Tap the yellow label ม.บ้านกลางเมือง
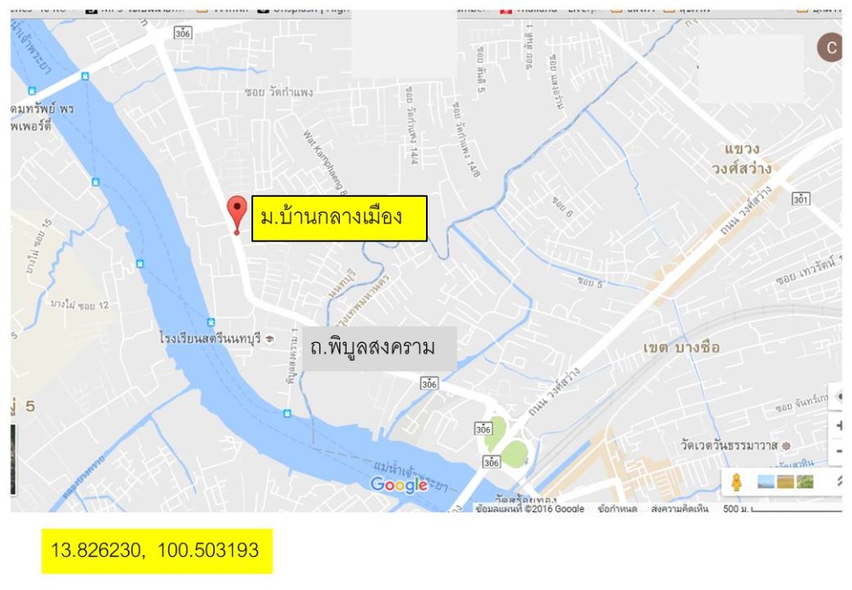click(x=338, y=217)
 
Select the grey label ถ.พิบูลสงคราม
click(x=373, y=348)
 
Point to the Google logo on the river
click(x=398, y=485)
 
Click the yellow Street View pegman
click(x=736, y=482)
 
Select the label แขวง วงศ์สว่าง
click(x=741, y=159)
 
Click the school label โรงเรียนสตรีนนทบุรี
click(x=210, y=338)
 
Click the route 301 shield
click(x=799, y=199)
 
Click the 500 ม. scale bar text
click(x=735, y=509)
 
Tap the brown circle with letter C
click(x=832, y=48)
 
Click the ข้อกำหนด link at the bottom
click(x=616, y=509)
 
